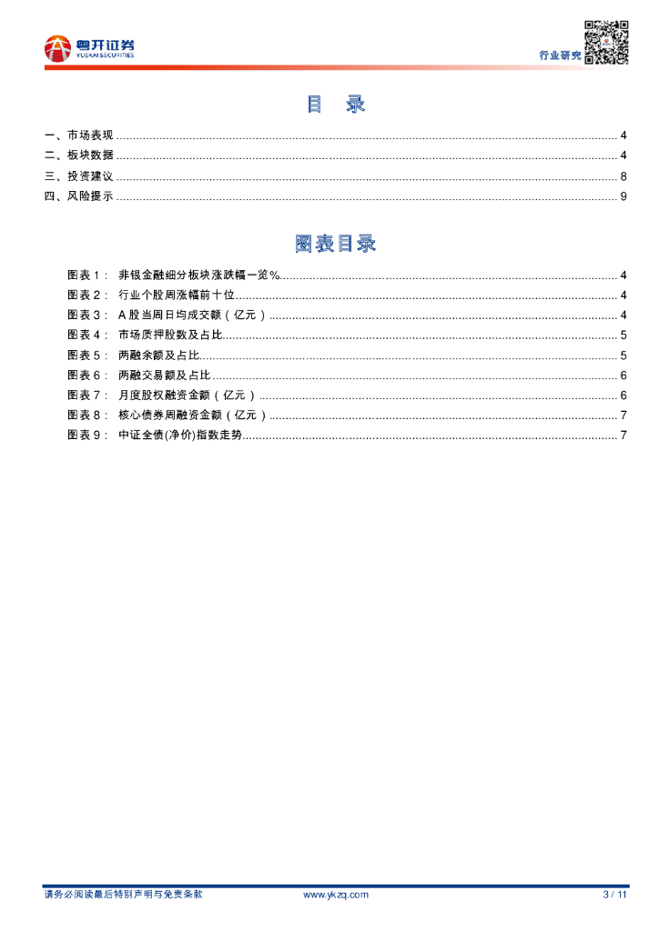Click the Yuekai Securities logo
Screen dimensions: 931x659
pyautogui.click(x=89, y=48)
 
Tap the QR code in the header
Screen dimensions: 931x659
pyautogui.click(x=606, y=42)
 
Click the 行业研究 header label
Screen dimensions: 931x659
pyautogui.click(x=560, y=55)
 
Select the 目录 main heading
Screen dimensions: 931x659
pyautogui.click(x=335, y=105)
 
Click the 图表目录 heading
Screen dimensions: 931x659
pyautogui.click(x=335, y=244)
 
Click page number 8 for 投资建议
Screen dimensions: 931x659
pyautogui.click(x=624, y=176)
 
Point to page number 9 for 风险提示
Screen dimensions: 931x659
pyautogui.click(x=624, y=196)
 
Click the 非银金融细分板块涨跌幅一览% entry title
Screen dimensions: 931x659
pyautogui.click(x=198, y=275)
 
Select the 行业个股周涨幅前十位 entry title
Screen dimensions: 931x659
pyautogui.click(x=177, y=295)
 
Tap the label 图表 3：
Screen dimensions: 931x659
pyautogui.click(x=88, y=315)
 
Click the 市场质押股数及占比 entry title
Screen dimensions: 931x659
pyautogui.click(x=170, y=335)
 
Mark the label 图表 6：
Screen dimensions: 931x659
pyautogui.click(x=88, y=375)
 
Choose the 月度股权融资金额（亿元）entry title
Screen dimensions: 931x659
pyautogui.click(x=188, y=395)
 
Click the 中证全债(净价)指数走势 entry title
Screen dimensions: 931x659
pyautogui.click(x=181, y=435)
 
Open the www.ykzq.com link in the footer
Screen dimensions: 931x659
pyautogui.click(x=335, y=895)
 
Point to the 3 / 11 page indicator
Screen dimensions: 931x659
pyautogui.click(x=615, y=895)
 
